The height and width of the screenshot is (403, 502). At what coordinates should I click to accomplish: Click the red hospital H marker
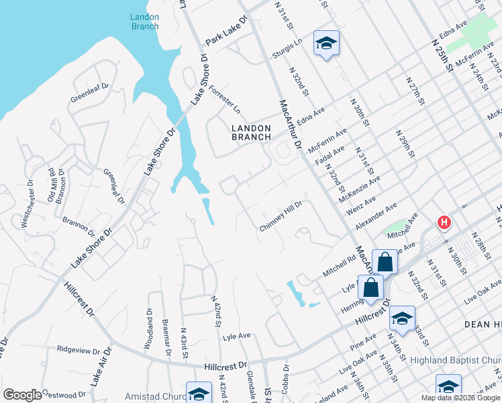pos(444,222)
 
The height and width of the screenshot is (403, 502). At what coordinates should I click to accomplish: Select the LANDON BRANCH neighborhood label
pos(251,132)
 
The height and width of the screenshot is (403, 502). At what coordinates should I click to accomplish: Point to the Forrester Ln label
pos(224,99)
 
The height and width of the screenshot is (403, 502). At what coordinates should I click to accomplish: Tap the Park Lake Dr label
pos(226,31)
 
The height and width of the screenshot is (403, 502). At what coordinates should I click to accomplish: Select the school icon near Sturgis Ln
pos(326,44)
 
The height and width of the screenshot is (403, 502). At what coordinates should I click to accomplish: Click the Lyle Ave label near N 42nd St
pos(236,335)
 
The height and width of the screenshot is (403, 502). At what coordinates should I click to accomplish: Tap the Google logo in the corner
pos(22,395)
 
